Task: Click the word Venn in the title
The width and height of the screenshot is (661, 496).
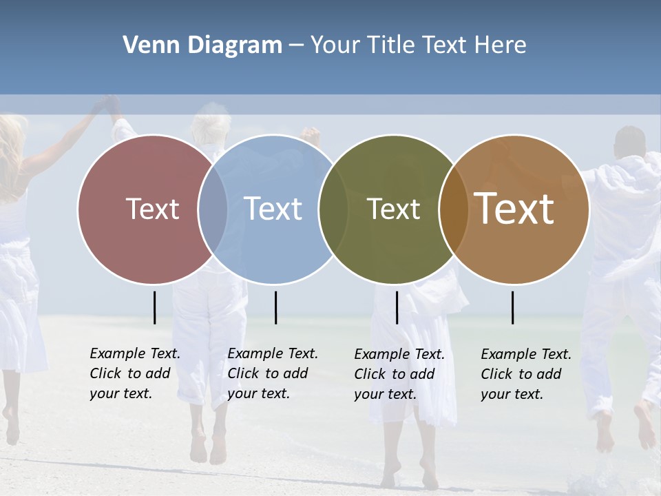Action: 145,45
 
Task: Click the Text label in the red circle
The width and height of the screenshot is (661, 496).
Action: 152,209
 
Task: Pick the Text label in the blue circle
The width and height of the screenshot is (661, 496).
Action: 273,209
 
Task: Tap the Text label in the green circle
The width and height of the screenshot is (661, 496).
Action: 393,209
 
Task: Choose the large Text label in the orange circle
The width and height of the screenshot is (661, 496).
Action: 514,209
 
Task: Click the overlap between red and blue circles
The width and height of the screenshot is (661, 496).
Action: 213,209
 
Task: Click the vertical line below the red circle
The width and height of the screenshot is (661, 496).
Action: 155,307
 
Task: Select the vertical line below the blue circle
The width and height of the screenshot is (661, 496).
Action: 275,307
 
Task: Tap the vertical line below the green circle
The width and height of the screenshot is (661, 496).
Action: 397,307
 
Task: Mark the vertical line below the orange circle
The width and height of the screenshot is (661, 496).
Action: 513,307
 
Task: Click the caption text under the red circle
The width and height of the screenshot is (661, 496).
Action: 135,373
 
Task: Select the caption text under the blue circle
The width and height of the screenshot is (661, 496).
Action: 273,373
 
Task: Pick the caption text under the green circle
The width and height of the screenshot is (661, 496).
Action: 399,374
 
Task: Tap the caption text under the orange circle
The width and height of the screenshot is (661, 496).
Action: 526,374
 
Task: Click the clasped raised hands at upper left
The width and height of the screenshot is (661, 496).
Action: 109,104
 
